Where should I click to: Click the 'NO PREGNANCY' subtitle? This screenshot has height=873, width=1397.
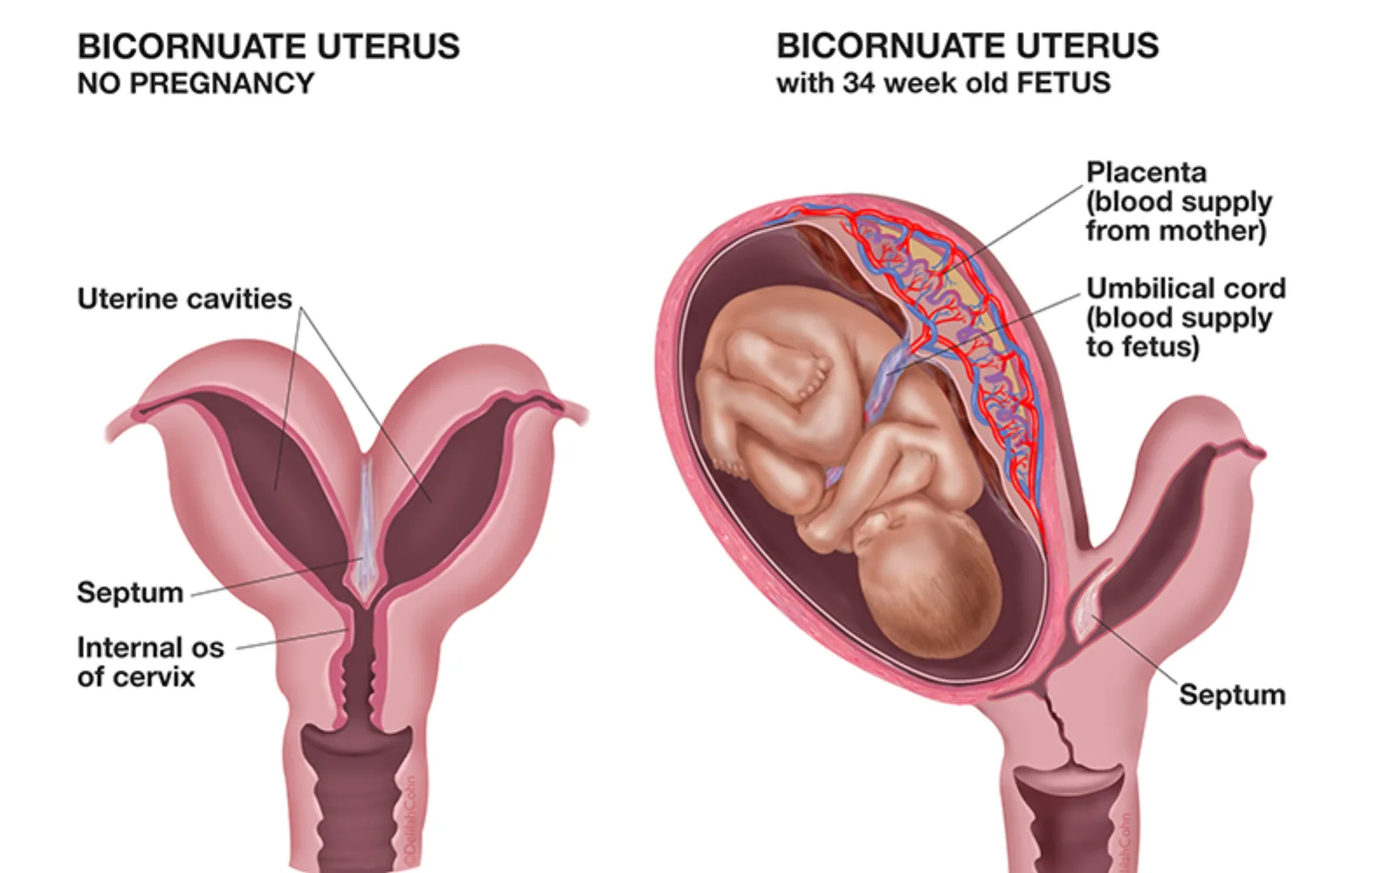[196, 84]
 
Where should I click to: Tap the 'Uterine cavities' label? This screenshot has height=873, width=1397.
[184, 299]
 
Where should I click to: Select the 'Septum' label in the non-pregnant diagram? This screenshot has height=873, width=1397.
[130, 593]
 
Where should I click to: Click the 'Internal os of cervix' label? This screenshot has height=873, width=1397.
[150, 663]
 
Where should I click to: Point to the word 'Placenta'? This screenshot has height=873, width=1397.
[1146, 172]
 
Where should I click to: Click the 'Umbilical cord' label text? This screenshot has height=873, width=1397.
[1186, 289]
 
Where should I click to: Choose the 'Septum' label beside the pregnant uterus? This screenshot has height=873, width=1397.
[1232, 695]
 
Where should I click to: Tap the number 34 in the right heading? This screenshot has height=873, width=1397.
[859, 83]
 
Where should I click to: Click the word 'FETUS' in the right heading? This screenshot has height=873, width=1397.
[1063, 83]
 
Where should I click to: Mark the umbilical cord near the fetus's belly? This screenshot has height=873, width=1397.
[885, 381]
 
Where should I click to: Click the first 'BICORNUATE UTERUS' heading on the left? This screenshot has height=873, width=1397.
[268, 46]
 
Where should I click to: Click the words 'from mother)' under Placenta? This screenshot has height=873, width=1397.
[1176, 230]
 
